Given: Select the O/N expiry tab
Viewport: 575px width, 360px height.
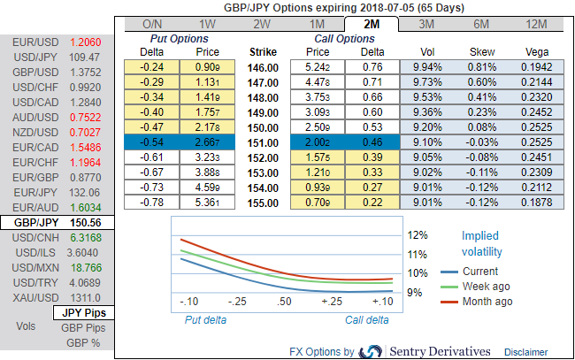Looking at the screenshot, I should pyautogui.click(x=151, y=24).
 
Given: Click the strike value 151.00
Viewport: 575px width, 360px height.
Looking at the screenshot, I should pyautogui.click(x=264, y=142).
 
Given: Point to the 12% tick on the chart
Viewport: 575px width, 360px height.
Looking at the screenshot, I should pyautogui.click(x=418, y=235).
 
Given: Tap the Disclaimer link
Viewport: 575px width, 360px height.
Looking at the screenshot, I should pyautogui.click(x=527, y=351).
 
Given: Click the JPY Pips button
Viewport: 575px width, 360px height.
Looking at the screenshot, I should pyautogui.click(x=83, y=312).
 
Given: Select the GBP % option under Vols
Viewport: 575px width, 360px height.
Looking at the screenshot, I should pyautogui.click(x=83, y=342).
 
